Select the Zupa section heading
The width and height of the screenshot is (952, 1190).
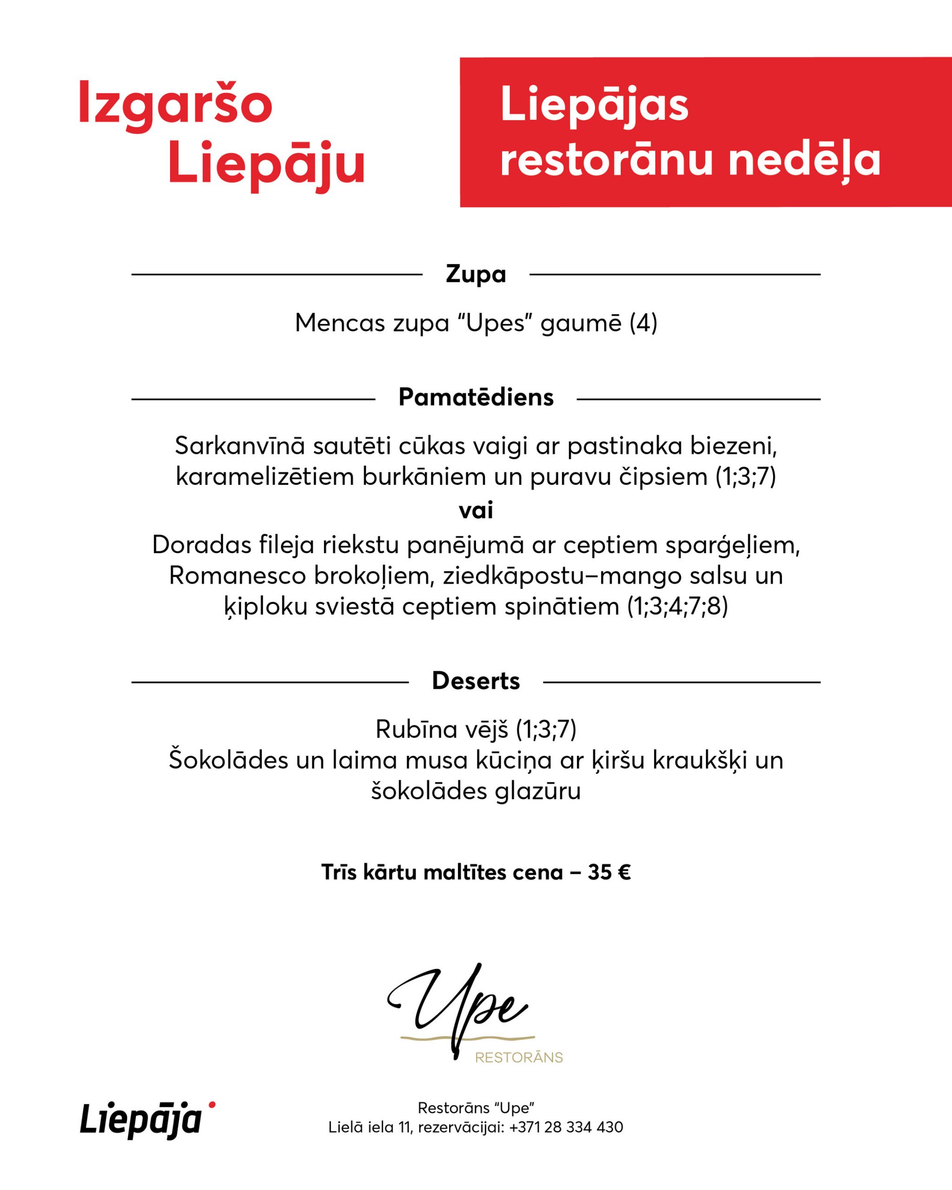coord(476,274)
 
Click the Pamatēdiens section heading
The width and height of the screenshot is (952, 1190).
coord(476,397)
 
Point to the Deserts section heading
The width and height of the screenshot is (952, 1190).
coord(476,681)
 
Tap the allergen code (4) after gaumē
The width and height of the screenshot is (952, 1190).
coord(643,323)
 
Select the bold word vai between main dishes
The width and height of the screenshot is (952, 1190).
coord(476,510)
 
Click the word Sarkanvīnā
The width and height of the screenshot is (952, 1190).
coord(239,446)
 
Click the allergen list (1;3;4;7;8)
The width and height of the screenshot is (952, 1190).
coord(678,607)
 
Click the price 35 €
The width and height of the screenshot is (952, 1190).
coord(609,873)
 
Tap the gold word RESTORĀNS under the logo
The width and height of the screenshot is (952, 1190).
coord(519,1058)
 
